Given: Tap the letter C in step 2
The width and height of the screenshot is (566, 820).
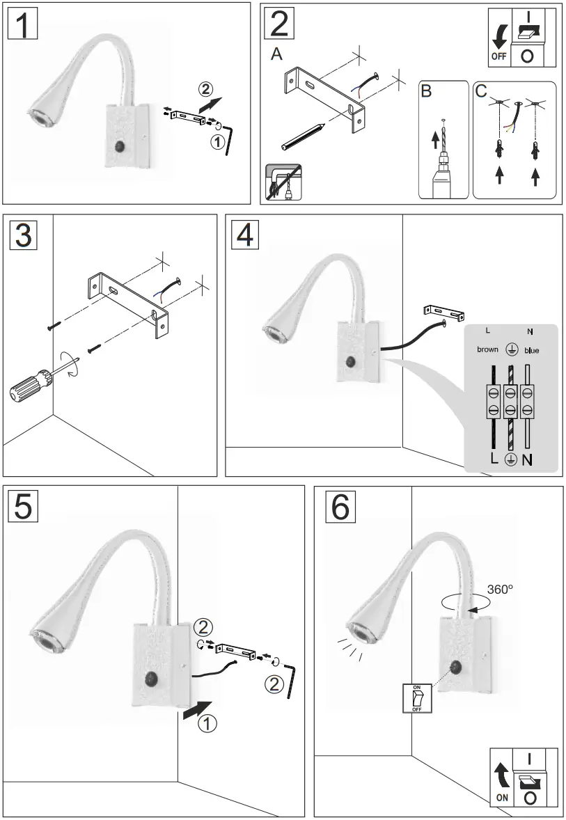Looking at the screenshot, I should (x=480, y=91).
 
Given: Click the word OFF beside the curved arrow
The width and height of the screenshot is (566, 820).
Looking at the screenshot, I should (x=498, y=56).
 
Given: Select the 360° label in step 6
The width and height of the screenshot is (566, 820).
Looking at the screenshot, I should (x=499, y=590).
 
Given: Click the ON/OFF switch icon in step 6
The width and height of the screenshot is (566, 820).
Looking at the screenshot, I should (x=417, y=698).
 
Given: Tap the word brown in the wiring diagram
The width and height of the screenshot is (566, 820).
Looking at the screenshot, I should (x=487, y=350).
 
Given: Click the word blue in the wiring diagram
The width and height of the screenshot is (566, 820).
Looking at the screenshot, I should (x=531, y=350).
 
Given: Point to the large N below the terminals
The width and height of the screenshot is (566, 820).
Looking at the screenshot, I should (x=527, y=459).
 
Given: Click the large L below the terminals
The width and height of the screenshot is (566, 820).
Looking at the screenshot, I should (x=494, y=459).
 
